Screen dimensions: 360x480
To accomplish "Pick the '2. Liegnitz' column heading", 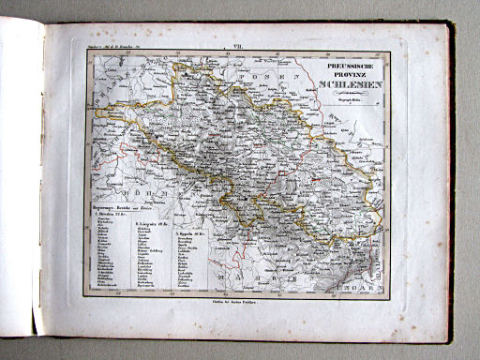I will coord(149,226).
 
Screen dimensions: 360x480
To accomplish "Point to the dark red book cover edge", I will coord(453,187).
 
